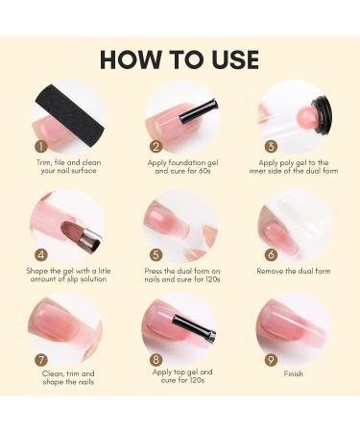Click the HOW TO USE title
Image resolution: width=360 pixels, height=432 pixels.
[180, 59]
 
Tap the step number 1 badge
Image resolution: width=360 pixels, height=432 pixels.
[41, 147]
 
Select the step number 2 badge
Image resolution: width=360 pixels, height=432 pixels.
[156, 147]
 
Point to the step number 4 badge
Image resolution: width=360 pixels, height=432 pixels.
[41, 255]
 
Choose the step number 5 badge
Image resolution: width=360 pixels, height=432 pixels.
[156, 255]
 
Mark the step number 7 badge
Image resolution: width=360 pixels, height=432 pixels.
[41, 361]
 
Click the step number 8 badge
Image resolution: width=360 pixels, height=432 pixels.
[156, 361]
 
